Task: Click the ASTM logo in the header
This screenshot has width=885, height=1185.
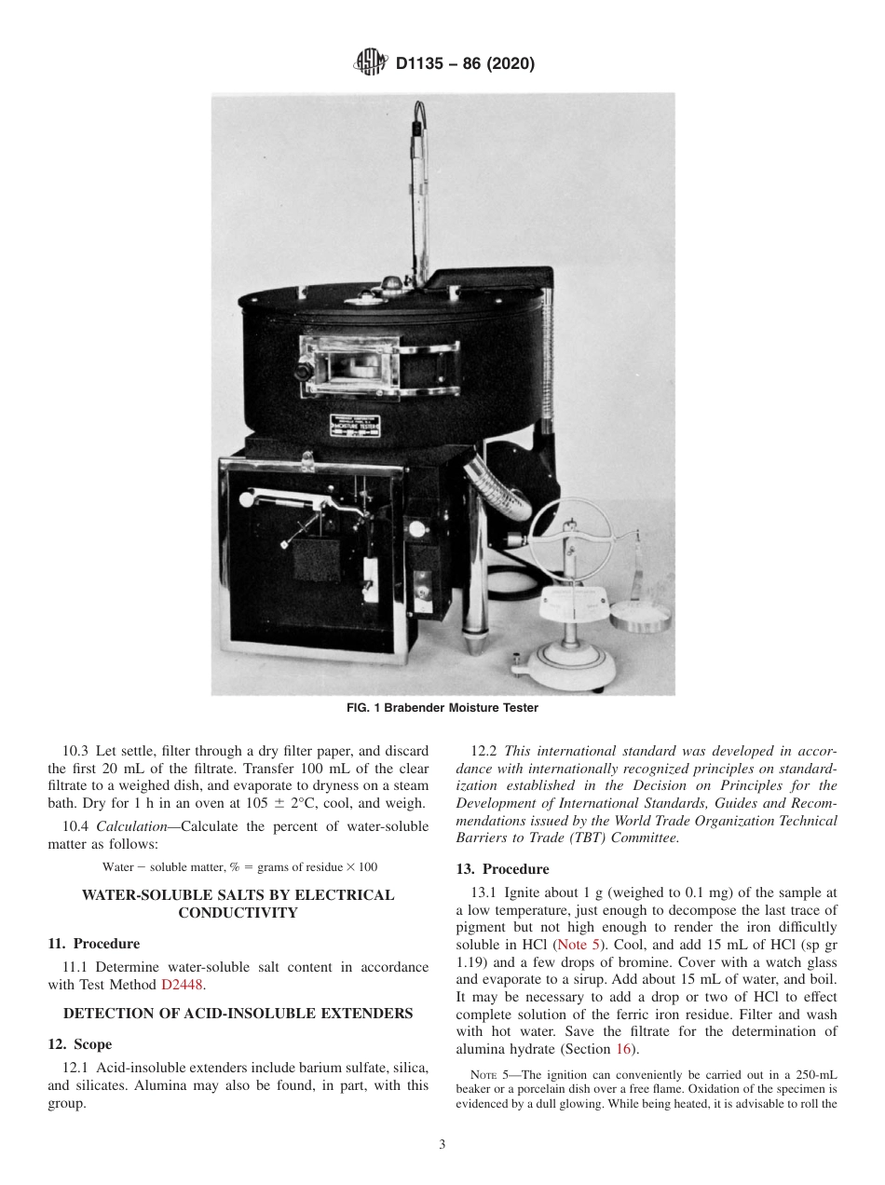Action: [371, 64]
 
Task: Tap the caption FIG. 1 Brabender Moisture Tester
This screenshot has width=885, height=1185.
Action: [442, 708]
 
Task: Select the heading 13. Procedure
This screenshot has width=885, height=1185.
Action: [502, 870]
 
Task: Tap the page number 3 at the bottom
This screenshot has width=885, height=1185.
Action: [442, 1145]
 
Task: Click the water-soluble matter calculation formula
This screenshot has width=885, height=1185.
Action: [239, 866]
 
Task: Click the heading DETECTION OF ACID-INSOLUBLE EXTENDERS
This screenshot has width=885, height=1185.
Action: [238, 1014]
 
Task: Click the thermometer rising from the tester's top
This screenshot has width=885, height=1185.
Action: [416, 196]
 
